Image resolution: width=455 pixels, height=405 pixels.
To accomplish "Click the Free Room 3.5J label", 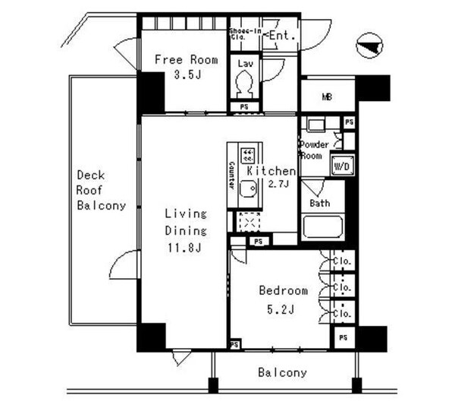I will pos(186,67).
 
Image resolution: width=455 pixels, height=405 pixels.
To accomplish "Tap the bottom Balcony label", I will pos(282,372).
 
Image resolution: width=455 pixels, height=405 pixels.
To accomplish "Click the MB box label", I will pos(327,97).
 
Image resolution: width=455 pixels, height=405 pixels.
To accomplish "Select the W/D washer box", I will pos(338,165).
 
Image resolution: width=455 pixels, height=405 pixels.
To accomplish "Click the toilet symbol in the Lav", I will pos(244,87).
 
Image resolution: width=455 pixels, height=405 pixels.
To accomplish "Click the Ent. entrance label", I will pos(281,36).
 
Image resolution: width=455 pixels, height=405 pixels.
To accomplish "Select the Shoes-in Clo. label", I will pos(246,33).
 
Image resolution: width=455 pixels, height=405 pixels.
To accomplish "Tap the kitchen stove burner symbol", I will pos(248,156).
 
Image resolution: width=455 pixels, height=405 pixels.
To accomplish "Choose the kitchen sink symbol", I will pos(247,189).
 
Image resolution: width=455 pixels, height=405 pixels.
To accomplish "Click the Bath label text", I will pos(319,203).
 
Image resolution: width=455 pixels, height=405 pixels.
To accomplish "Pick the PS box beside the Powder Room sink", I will pos(348,122).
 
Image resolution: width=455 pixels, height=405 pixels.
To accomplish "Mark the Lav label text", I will pos(244,65).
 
